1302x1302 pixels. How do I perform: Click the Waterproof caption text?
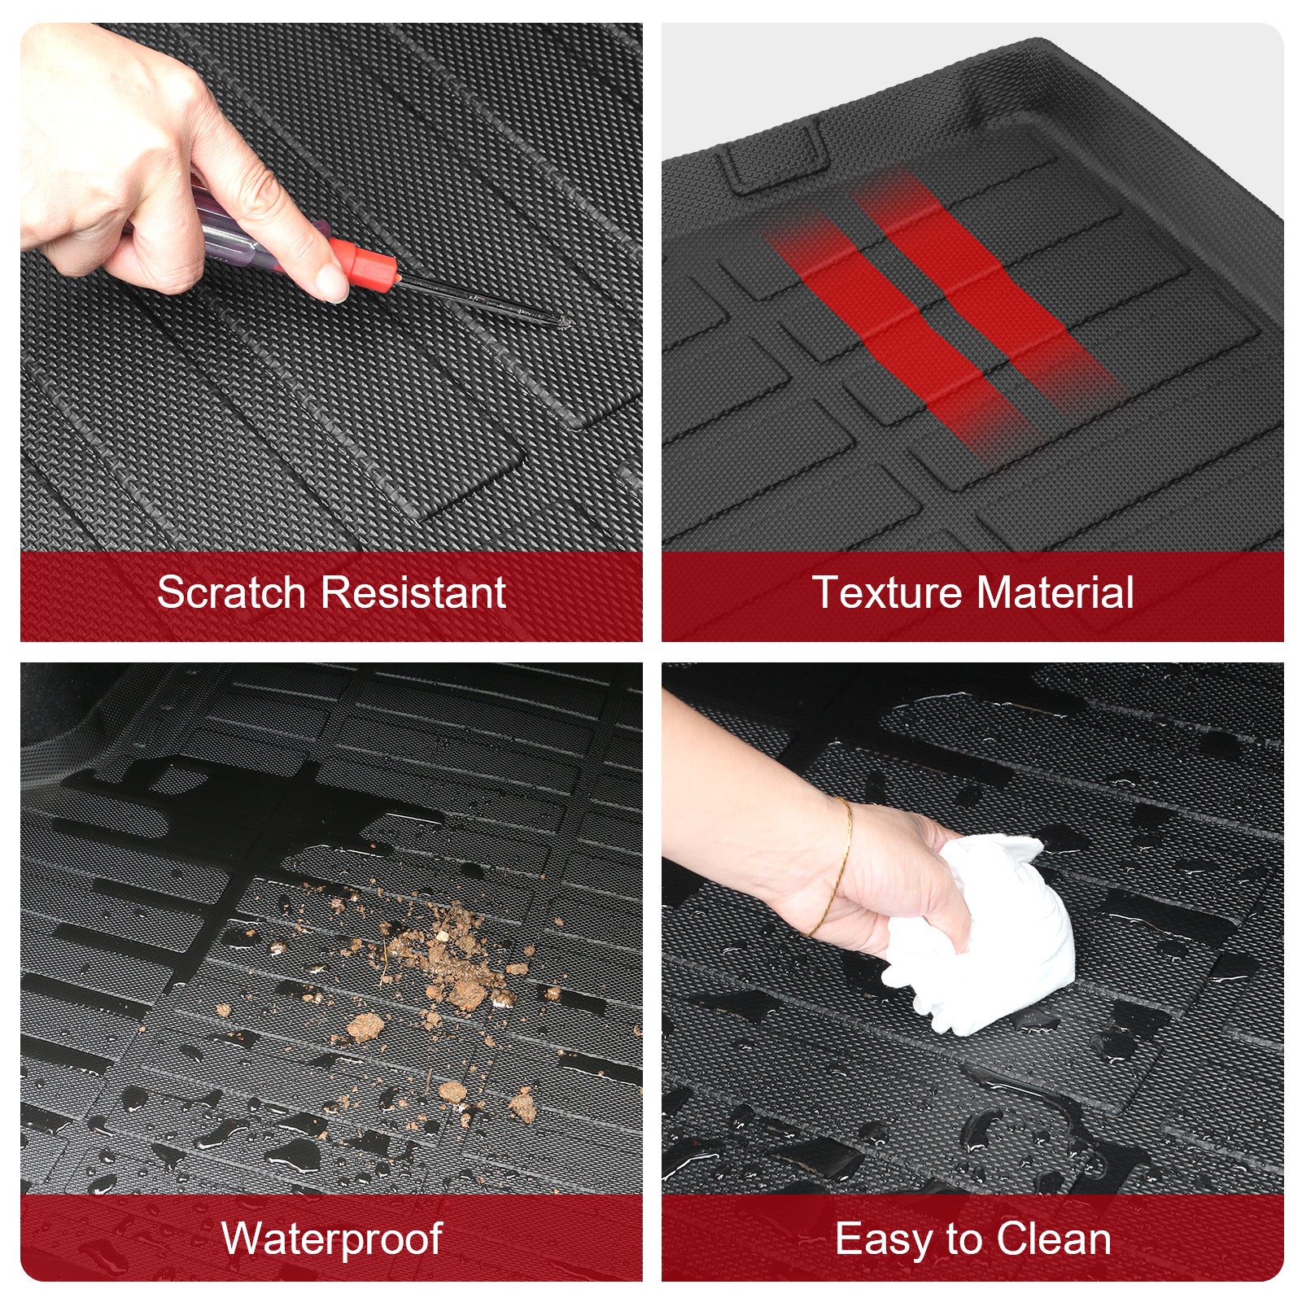(x=331, y=1239)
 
